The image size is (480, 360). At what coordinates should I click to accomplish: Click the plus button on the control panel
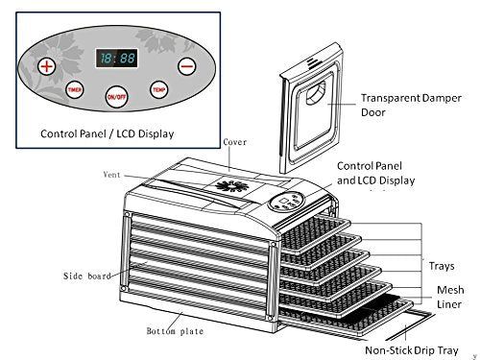[45, 66]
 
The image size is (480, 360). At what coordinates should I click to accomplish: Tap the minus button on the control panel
[186, 66]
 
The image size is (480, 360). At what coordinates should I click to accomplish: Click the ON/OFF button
[115, 95]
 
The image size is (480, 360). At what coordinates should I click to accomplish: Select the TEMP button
[159, 88]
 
